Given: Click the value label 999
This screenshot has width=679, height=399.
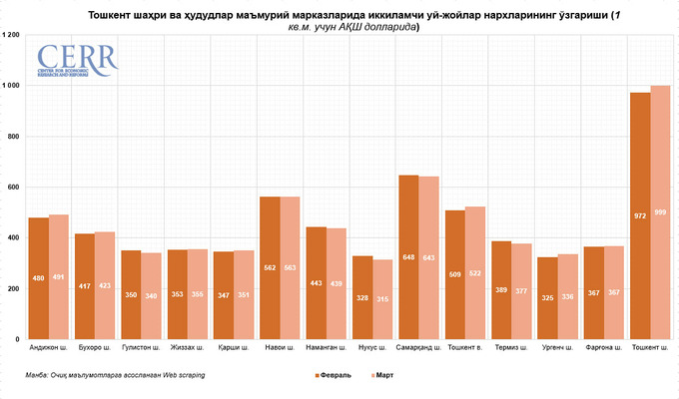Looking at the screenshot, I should coord(660,212).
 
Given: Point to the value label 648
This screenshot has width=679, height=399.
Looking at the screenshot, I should coord(408,257).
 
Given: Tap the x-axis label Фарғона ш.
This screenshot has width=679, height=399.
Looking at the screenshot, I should coord(604,348).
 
